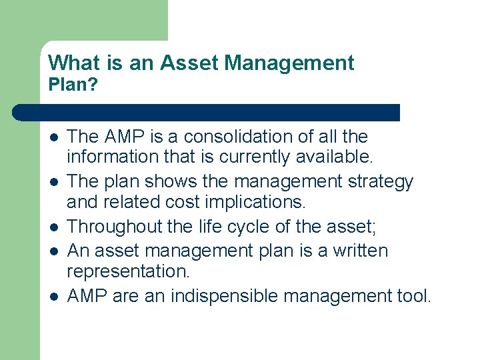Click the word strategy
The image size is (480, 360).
[382, 181]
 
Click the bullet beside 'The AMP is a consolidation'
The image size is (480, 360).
[53, 137]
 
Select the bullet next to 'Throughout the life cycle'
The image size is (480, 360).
[53, 227]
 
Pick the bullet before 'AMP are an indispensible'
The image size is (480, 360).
[53, 296]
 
